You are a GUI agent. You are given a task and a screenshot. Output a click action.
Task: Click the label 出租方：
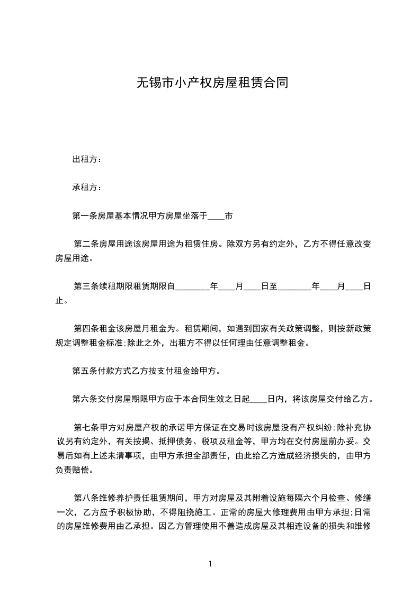click(x=87, y=159)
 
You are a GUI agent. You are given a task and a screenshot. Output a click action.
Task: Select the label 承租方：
click(x=87, y=187)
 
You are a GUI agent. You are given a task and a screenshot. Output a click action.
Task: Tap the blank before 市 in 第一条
click(x=216, y=216)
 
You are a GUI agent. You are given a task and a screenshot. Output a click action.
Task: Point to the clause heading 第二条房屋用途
click(x=105, y=245)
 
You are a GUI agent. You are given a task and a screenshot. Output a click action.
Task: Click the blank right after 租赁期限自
click(x=192, y=286)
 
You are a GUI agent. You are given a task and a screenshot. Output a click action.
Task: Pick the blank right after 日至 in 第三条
click(x=294, y=286)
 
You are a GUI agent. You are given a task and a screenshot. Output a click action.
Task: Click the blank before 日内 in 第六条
click(x=258, y=399)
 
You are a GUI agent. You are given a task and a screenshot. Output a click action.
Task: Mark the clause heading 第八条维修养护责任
click(x=113, y=498)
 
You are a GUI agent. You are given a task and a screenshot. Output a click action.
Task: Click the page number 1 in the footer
click(x=210, y=564)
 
